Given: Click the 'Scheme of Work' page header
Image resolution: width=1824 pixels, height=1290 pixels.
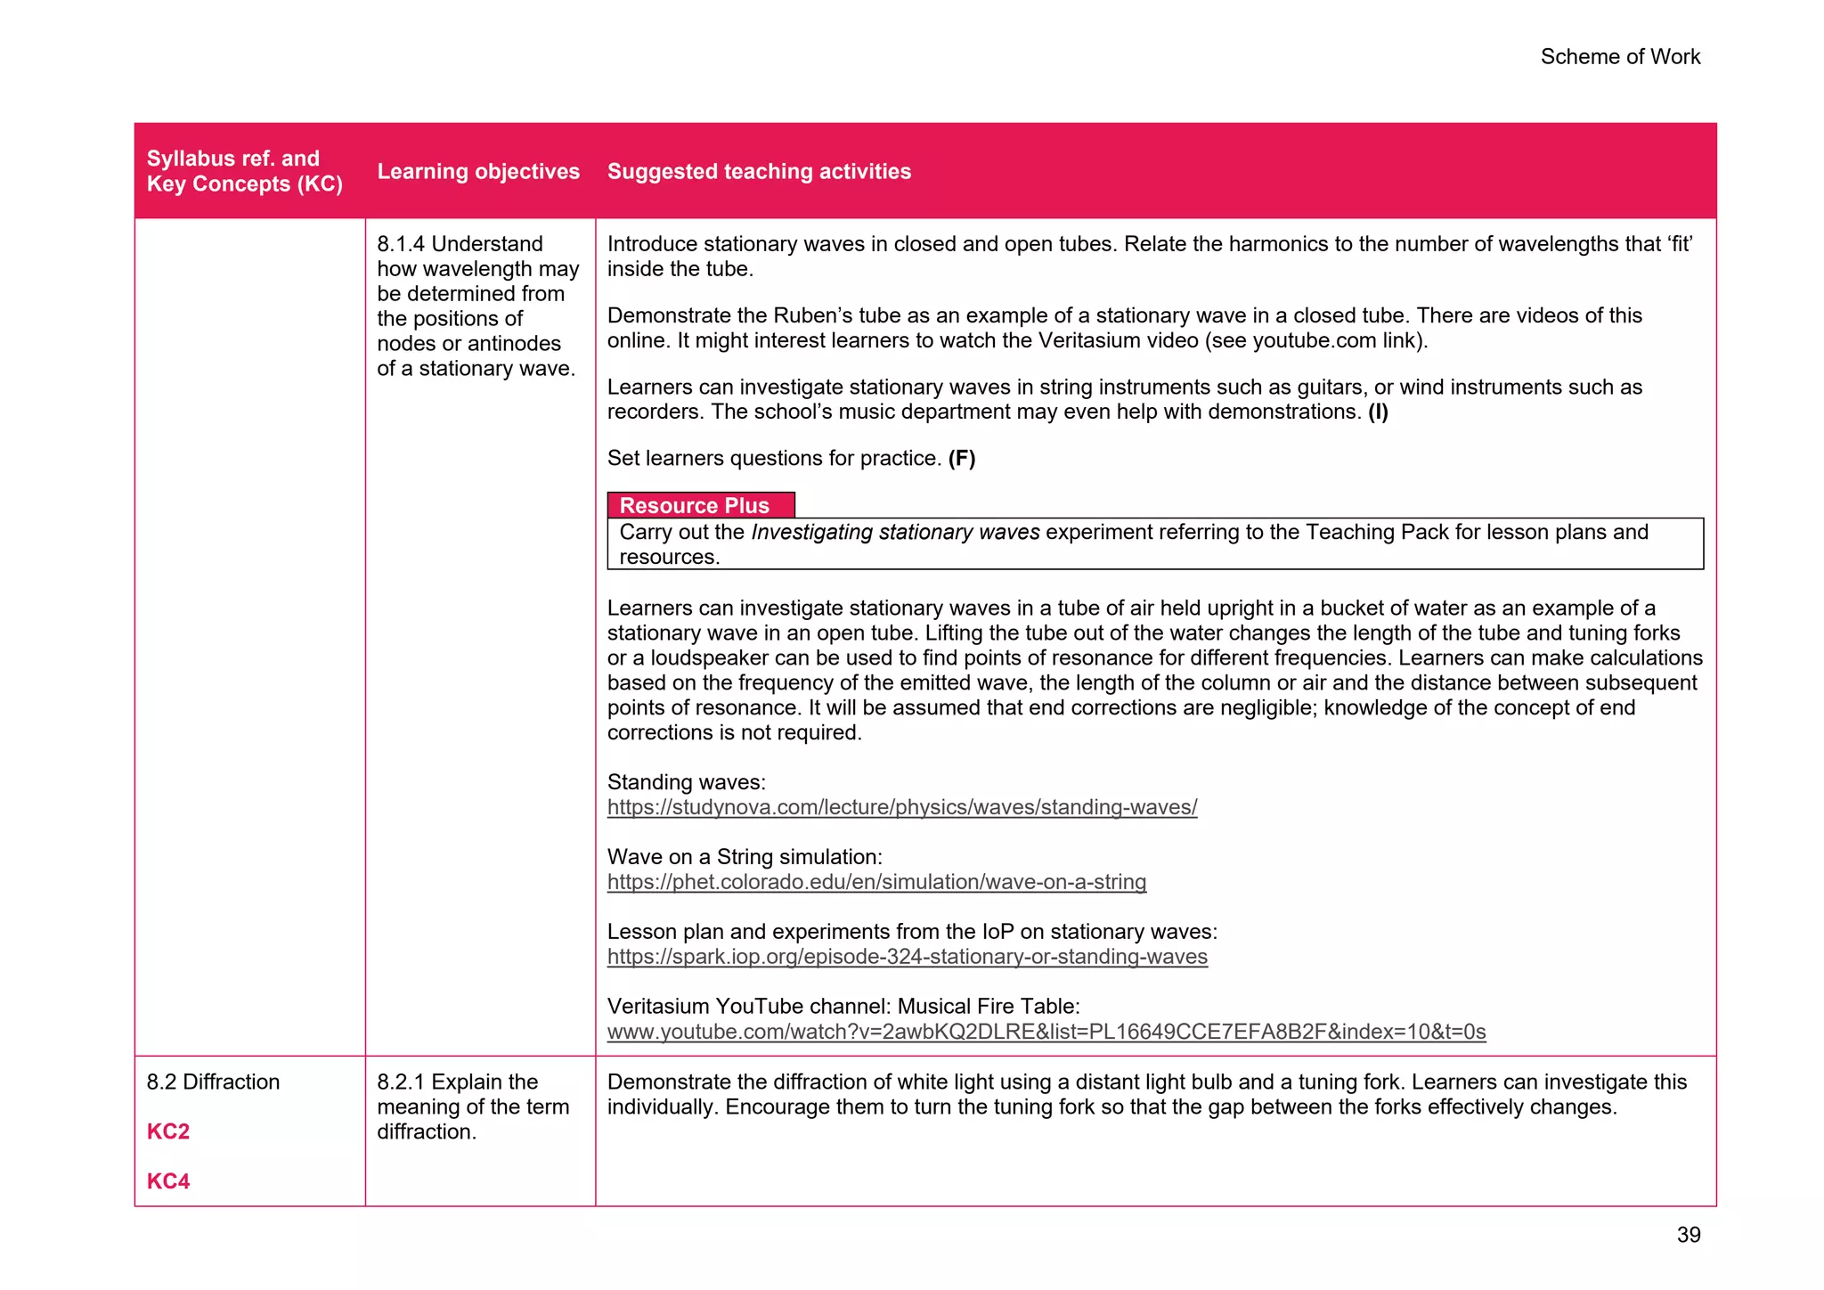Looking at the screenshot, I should tap(1619, 57).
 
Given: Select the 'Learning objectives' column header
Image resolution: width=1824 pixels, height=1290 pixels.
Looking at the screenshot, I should tap(478, 171).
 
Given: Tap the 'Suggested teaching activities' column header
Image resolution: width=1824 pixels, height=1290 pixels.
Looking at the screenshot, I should tap(759, 171).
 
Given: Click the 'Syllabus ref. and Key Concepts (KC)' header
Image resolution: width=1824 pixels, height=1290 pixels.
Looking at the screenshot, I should tap(244, 171).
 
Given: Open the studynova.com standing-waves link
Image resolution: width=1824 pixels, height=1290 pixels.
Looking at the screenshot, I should tap(901, 807).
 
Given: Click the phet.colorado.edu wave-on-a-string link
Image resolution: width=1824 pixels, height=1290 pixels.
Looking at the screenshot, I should tap(876, 882).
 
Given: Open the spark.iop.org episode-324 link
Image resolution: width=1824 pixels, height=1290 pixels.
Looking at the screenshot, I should tap(907, 957).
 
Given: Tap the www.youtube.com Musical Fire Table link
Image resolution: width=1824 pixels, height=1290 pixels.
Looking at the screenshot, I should tap(1046, 1032).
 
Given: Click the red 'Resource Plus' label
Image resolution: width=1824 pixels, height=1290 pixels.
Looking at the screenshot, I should tap(694, 505).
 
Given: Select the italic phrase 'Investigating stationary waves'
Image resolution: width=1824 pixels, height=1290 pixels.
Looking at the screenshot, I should tap(895, 532).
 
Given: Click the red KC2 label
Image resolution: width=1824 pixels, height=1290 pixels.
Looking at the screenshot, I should tap(168, 1131).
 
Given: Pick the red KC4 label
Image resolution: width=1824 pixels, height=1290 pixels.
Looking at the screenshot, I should tap(168, 1181).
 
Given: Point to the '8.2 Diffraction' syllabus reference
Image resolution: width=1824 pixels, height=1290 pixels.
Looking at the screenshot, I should tap(213, 1082).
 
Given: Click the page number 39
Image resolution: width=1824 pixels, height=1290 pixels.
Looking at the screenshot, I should tap(1688, 1235).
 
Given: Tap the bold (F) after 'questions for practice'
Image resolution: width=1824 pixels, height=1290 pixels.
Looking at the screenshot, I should tap(961, 458).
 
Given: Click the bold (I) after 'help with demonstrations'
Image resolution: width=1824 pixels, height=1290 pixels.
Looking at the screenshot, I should tap(1378, 412).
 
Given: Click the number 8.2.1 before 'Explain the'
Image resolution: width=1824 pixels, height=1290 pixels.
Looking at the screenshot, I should tap(401, 1082).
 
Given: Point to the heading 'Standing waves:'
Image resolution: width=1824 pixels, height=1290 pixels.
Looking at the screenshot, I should tap(686, 782).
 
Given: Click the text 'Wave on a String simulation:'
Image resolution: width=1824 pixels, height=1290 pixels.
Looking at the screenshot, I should tap(745, 857).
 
